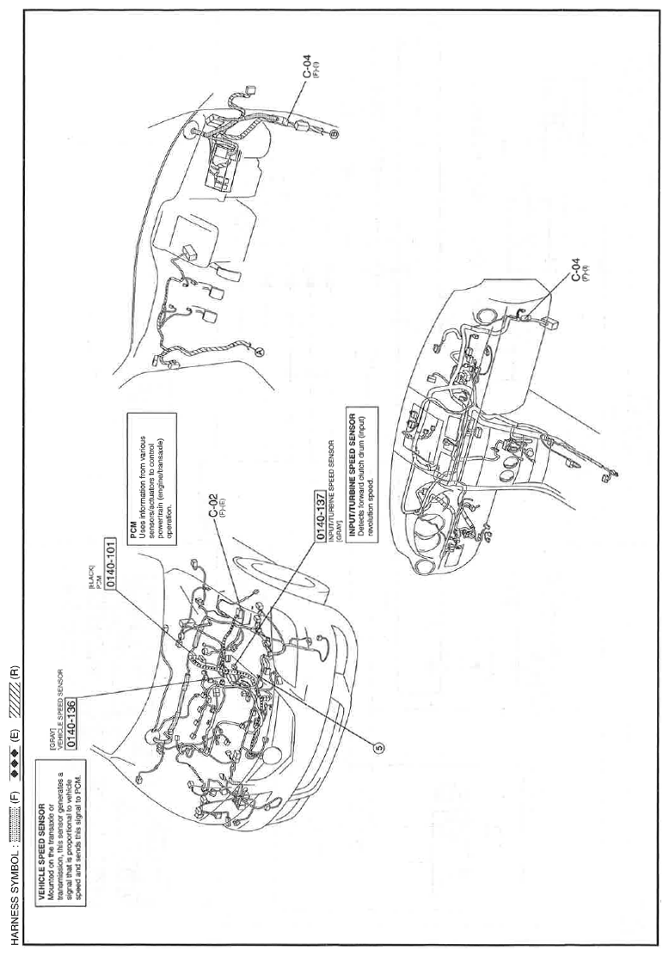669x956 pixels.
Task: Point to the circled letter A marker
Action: [x=261, y=351]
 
